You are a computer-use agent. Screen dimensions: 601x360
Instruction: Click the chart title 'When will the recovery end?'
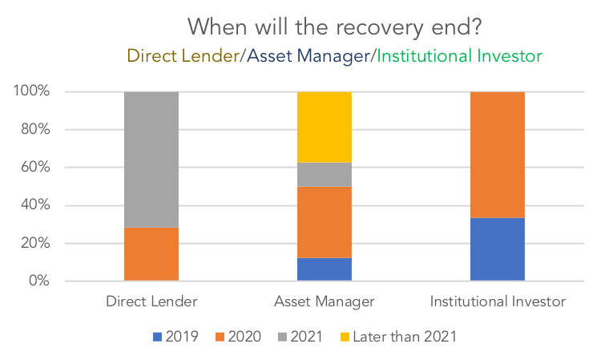[334, 27]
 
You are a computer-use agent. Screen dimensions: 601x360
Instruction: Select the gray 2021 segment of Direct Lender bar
[151, 160]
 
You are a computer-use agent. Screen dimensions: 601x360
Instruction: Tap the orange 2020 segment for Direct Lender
[151, 254]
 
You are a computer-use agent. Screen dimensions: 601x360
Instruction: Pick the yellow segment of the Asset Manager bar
[325, 127]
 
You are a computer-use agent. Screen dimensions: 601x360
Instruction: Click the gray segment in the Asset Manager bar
[325, 175]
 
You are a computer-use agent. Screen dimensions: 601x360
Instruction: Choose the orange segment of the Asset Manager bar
[325, 222]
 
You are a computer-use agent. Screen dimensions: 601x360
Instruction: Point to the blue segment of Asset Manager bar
[325, 269]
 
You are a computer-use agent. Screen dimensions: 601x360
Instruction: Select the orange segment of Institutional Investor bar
[498, 155]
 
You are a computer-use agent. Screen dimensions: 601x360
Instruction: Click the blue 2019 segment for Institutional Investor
[498, 249]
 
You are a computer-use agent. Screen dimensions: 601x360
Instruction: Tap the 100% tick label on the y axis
[31, 91]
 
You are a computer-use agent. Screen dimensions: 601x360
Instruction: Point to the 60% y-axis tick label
[35, 167]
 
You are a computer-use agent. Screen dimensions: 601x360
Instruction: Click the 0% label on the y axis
[39, 281]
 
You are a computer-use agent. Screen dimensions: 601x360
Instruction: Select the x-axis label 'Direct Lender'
[151, 301]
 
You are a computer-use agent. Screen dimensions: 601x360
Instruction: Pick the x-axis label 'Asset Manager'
[325, 301]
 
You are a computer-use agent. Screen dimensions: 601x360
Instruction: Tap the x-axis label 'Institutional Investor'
[498, 301]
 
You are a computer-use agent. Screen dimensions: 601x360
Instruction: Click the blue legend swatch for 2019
[157, 337]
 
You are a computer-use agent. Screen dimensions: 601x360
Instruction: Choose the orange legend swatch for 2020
[220, 337]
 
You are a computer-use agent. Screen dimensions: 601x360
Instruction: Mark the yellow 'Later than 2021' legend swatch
[345, 337]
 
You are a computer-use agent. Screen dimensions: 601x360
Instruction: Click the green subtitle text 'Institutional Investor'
[460, 56]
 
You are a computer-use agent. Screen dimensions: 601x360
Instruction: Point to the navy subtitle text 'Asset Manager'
[309, 57]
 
